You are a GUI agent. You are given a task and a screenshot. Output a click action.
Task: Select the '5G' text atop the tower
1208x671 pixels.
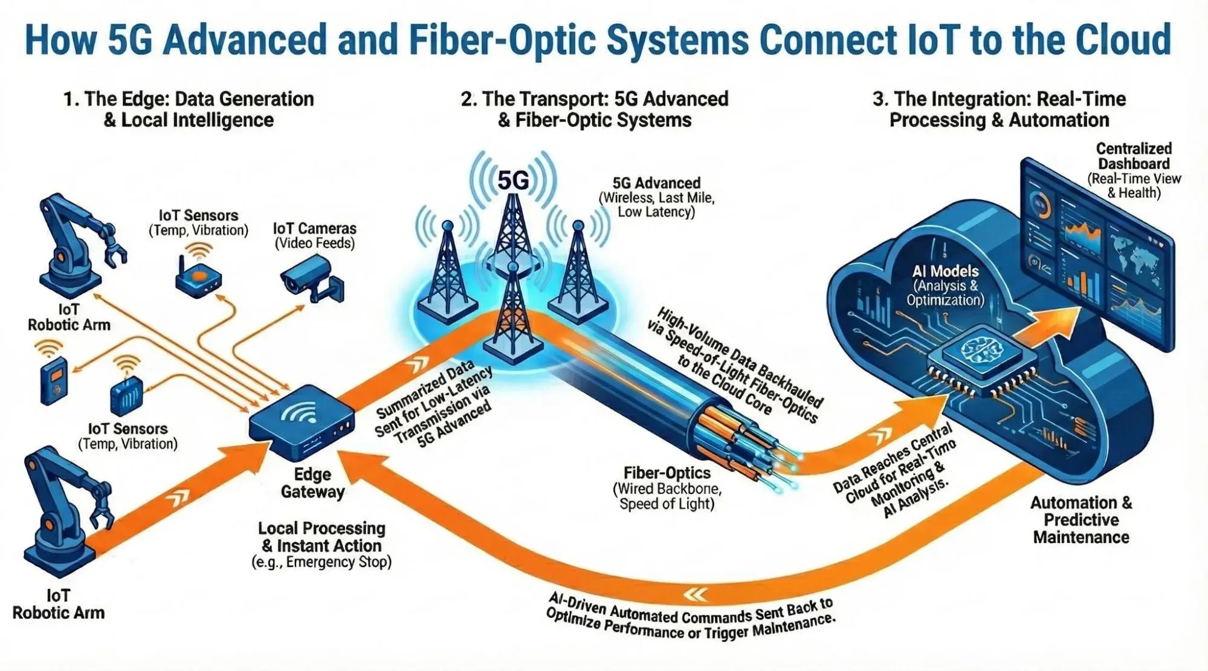click(x=512, y=180)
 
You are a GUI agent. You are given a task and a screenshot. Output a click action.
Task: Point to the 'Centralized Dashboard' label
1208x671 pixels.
click(x=1134, y=156)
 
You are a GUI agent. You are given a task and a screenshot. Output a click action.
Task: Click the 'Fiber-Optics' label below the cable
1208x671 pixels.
click(x=667, y=473)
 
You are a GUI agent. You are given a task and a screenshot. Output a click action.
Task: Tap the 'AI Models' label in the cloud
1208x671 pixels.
click(x=945, y=271)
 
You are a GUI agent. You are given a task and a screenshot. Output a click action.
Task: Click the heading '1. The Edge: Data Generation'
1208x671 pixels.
click(x=189, y=99)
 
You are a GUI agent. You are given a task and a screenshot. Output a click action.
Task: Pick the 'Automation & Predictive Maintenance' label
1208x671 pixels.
click(x=1080, y=520)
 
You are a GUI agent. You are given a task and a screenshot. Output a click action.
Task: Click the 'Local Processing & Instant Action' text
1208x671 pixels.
click(x=321, y=537)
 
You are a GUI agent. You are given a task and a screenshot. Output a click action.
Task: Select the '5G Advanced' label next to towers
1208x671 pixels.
click(x=656, y=183)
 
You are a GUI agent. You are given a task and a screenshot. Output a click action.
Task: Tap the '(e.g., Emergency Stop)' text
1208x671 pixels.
click(x=321, y=562)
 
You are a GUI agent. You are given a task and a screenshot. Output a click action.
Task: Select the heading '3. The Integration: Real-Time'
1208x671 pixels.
click(x=999, y=99)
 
